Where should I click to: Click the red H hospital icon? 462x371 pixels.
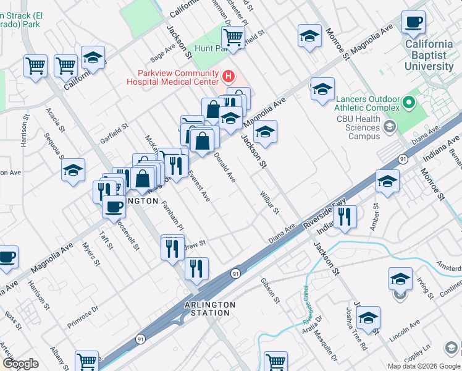(x=229, y=77)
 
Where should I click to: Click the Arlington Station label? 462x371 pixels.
(x=210, y=309)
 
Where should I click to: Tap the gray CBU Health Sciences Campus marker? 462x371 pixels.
(x=389, y=127)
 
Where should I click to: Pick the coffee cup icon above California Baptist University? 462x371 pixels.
(x=413, y=23)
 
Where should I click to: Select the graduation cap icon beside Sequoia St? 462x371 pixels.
(x=73, y=171)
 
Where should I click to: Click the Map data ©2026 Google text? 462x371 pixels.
(x=424, y=365)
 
